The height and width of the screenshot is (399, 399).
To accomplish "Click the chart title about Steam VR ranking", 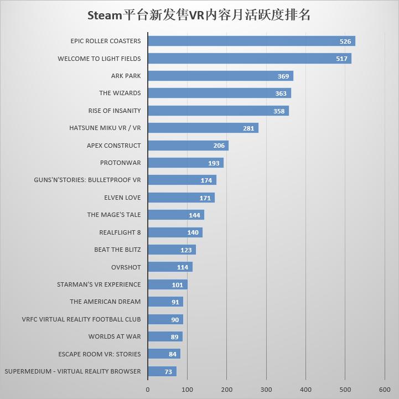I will tap(199, 15).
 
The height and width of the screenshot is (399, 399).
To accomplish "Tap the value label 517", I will tap(341, 59).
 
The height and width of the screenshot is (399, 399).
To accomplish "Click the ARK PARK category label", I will tap(126, 76).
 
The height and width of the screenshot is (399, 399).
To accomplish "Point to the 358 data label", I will tap(279, 111).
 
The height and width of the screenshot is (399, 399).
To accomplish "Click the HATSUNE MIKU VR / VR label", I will tap(105, 128).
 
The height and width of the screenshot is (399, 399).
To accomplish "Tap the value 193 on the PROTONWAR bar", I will tap(214, 163).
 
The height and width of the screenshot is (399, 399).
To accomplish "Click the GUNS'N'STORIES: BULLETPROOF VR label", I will tap(87, 180).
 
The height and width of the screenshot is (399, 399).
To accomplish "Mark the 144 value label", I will tap(194, 215).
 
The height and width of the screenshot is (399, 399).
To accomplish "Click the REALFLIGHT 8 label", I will tap(120, 232).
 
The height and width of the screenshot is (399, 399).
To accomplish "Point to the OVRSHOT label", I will tap(126, 267).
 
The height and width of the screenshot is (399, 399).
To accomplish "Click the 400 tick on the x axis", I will tap(305, 390).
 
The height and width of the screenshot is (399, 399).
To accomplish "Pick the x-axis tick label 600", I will tap(385, 390).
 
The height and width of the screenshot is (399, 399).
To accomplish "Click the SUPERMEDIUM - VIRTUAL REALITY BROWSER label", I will tap(72, 371).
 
